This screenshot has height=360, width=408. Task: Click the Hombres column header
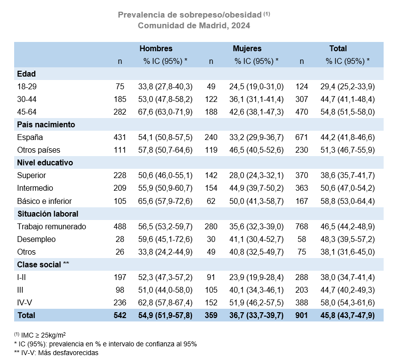coord(156,48)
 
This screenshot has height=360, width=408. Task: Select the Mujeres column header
coord(247,48)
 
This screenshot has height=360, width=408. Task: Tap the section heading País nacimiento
coord(46,124)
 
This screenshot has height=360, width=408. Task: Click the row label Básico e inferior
coord(45,200)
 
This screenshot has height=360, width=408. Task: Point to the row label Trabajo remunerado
coord(52,226)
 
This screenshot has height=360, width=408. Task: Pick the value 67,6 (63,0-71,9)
coord(165,112)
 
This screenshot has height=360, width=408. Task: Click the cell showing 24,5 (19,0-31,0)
coord(256,86)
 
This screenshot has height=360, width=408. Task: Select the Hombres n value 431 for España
coord(120,137)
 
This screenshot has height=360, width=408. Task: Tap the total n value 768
coord(302,226)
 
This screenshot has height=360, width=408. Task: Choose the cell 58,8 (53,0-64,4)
coord(348,200)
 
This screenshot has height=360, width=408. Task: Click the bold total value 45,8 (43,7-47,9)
coord(348,316)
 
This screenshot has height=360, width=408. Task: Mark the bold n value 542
coord(120,316)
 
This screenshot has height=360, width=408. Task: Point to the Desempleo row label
coord(36,239)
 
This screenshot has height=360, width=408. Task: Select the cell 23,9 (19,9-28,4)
coord(256,277)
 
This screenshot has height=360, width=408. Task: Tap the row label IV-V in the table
coord(25,302)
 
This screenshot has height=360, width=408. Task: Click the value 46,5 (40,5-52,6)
coord(256,150)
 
